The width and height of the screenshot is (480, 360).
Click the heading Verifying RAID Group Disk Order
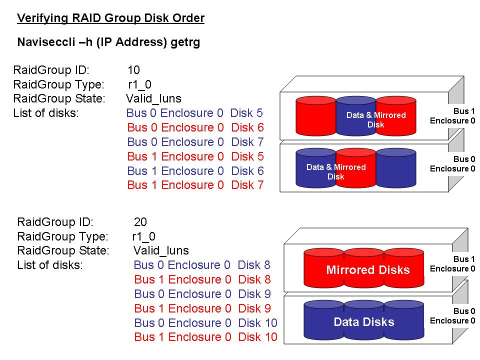click(110, 18)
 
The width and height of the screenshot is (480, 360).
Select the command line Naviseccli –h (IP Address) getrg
click(108, 42)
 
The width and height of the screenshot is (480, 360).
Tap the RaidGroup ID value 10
click(133, 70)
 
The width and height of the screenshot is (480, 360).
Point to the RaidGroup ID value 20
click(140, 222)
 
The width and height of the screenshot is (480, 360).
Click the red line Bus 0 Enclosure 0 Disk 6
click(195, 127)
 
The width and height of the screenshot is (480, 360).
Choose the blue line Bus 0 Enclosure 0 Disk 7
click(195, 142)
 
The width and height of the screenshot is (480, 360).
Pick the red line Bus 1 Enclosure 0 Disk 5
click(195, 156)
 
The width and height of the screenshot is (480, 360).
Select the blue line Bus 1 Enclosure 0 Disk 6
click(195, 171)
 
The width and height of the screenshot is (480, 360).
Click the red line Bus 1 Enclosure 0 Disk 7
click(195, 185)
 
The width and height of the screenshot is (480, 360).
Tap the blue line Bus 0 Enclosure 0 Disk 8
click(202, 265)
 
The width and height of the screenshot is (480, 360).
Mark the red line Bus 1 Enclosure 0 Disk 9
click(202, 308)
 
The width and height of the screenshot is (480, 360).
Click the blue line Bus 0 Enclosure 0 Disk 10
click(205, 323)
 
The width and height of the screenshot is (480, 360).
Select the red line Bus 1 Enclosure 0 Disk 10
click(205, 337)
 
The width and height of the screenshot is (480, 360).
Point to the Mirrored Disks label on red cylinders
click(367, 270)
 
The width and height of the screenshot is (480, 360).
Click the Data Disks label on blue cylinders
click(363, 322)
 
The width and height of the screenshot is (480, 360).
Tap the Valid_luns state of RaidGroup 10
click(153, 98)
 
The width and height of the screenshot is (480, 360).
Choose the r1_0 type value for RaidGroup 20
click(143, 236)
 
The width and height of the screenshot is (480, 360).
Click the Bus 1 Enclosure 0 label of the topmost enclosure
click(452, 115)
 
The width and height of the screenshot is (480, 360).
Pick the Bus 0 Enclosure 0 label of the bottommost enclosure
click(452, 316)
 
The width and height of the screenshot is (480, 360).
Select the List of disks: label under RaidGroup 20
click(49, 265)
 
